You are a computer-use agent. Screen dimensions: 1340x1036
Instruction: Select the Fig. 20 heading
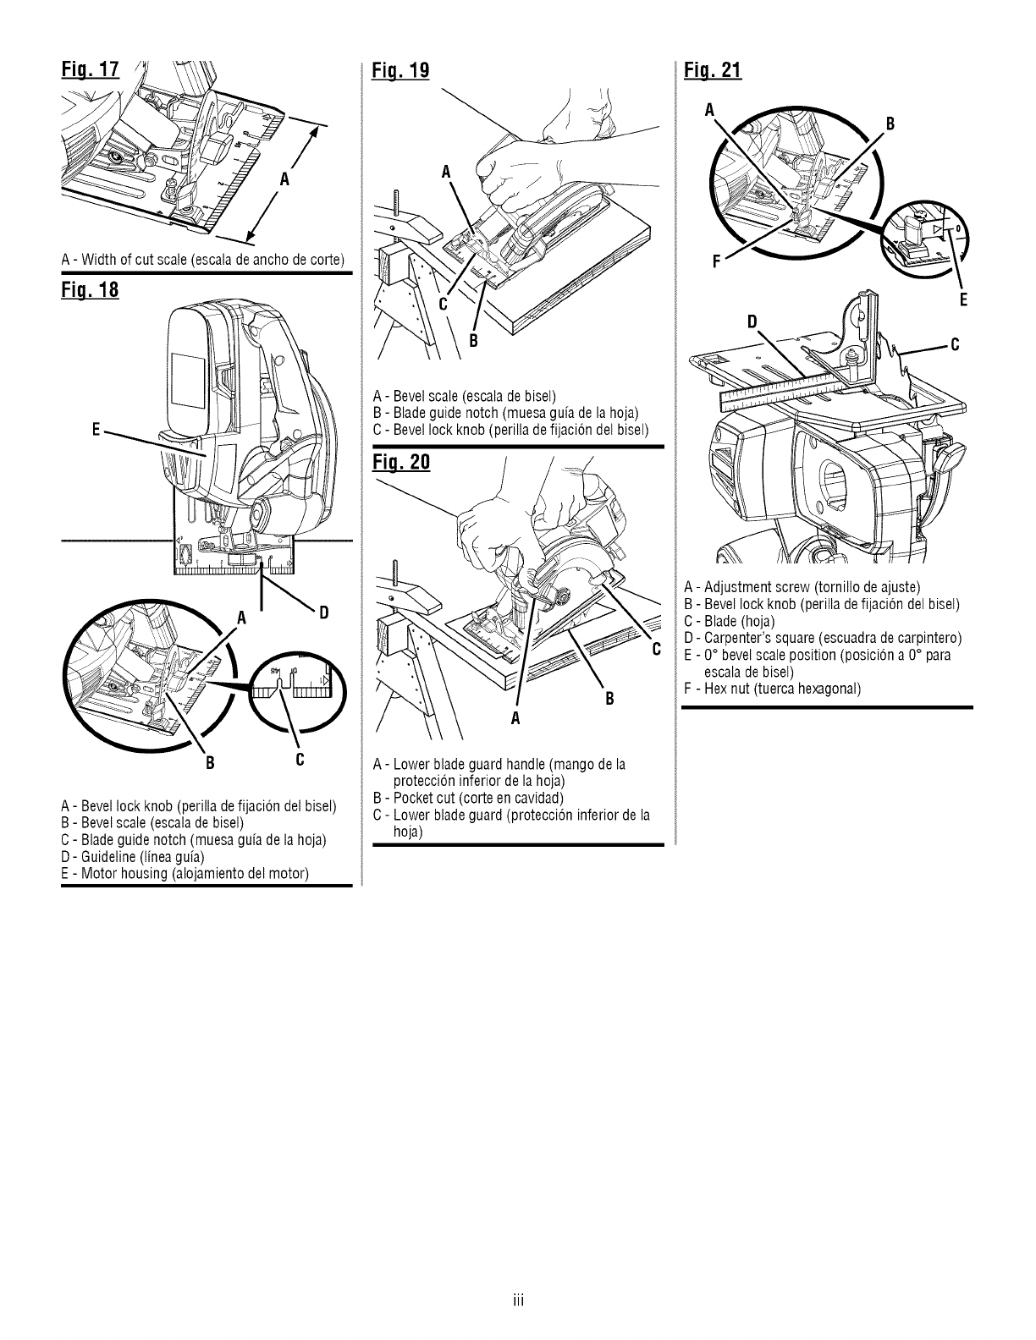pos(402,464)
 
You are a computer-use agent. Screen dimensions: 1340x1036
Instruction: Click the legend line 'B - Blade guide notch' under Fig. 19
pos(505,413)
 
